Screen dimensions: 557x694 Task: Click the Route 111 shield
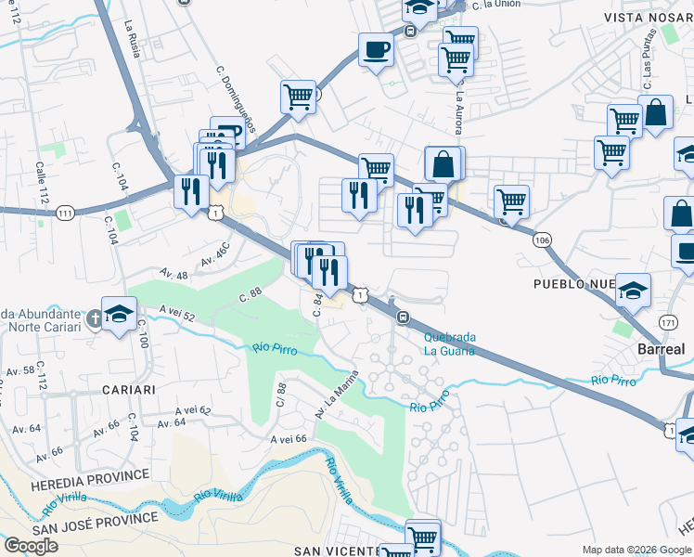tap(64, 214)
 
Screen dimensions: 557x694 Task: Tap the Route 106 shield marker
tap(542, 240)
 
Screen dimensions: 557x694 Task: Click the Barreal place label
tap(661, 349)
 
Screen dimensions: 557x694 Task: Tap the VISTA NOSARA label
tap(649, 18)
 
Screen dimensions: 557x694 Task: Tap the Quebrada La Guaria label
tap(449, 344)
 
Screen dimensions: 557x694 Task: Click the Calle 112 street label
tap(41, 183)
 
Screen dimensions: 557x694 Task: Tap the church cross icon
tap(94, 319)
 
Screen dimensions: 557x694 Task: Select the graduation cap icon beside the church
tap(120, 313)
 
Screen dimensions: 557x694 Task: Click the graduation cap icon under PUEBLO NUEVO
tap(633, 291)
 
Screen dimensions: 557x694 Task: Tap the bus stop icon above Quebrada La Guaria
tap(404, 317)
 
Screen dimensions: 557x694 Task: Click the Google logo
tap(31, 546)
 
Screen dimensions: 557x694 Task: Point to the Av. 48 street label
tap(173, 275)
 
